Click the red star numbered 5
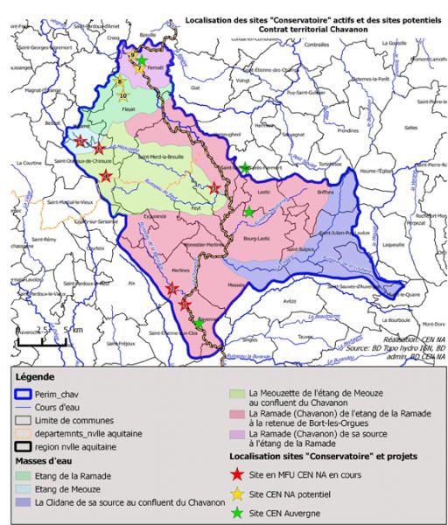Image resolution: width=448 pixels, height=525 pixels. coord(81,141)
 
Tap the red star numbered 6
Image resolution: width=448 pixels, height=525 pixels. coord(99,149)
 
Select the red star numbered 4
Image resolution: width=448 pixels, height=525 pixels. coord(107,177)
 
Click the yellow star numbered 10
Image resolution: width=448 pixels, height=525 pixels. coord(122,94)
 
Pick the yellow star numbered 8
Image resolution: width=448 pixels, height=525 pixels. coord(120,81)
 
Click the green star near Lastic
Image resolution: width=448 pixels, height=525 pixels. coord(248,212)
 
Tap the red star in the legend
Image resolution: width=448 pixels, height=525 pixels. coord(237,474)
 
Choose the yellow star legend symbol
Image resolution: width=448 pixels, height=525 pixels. coord(237,493)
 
